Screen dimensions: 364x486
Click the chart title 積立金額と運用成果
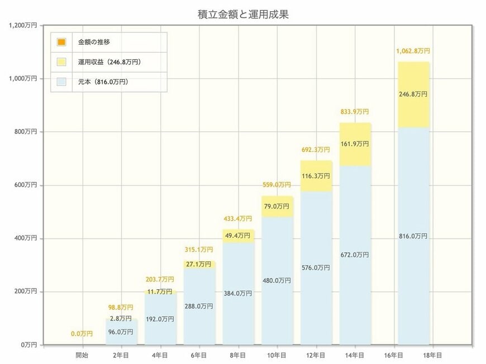point(242,15)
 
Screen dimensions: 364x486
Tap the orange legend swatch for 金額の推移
point(61,42)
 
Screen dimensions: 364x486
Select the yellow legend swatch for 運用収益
point(61,62)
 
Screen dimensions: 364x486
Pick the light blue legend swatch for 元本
point(61,82)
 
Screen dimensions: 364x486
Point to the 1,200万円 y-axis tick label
point(23,25)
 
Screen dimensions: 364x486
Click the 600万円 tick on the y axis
point(26,185)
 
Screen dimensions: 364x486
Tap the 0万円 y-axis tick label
point(29,345)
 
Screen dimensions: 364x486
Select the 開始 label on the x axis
point(82,355)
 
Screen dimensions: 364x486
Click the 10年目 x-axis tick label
point(277,355)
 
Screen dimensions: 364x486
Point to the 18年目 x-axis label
point(433,355)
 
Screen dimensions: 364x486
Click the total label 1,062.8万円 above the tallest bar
point(413,51)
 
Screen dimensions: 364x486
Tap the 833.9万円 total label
point(355,112)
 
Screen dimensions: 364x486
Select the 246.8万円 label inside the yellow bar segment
point(413,94)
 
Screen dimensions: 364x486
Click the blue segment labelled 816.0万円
point(413,236)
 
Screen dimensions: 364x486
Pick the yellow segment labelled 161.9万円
point(355,144)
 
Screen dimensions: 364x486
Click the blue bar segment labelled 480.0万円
point(277,281)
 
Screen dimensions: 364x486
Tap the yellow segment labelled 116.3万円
point(316,176)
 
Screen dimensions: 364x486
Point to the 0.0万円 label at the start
point(82,334)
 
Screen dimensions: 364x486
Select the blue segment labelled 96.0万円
point(121,332)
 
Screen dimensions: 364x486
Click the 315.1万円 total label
point(199,250)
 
